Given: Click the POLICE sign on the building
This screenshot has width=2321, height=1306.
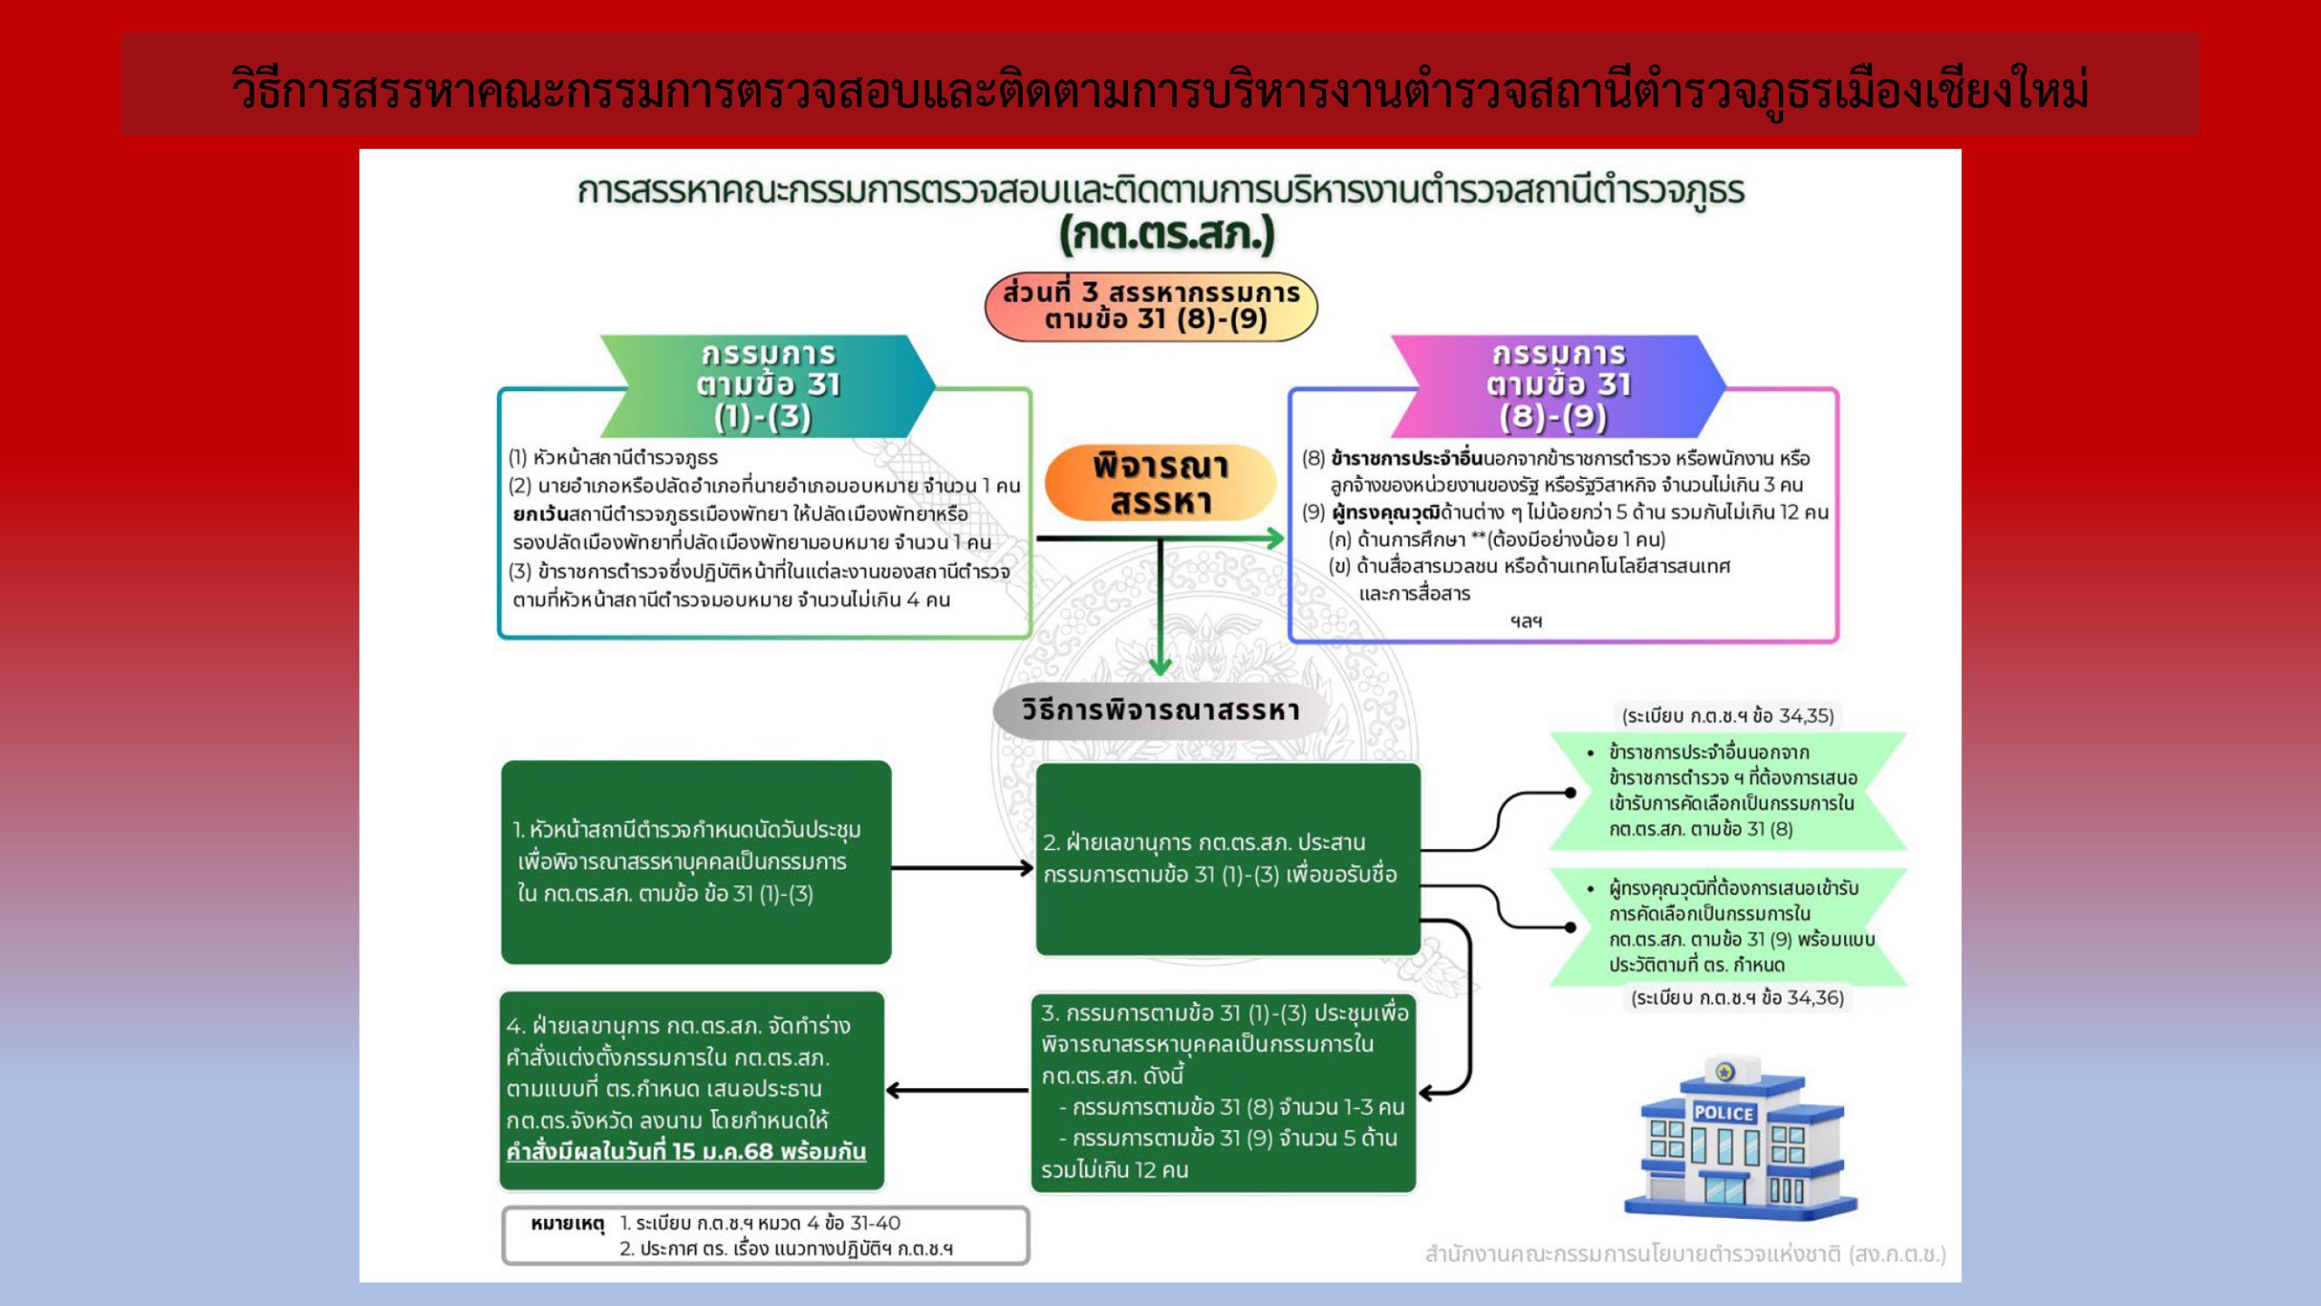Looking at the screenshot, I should [x=1724, y=1113].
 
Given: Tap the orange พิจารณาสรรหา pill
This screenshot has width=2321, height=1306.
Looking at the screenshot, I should [x=1160, y=483].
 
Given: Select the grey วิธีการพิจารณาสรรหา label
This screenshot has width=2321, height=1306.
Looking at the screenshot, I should [x=1160, y=710].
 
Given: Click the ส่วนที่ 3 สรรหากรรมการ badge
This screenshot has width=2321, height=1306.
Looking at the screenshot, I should [x=1151, y=307].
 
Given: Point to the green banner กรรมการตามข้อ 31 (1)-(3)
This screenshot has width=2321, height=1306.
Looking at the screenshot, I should [x=767, y=385].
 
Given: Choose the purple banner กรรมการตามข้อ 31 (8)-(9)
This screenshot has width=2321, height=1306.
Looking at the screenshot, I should [x=1558, y=385].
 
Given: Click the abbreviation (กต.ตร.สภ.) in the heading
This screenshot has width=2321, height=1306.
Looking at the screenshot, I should [x=1167, y=235].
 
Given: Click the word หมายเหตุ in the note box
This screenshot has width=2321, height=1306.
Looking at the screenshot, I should [x=568, y=1223].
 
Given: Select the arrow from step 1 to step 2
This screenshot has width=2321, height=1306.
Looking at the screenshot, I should [x=962, y=868].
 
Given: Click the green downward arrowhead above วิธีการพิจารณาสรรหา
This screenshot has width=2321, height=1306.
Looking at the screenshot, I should [x=1160, y=666].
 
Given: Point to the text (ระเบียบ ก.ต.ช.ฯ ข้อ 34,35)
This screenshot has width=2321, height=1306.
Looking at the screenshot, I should [x=1727, y=716].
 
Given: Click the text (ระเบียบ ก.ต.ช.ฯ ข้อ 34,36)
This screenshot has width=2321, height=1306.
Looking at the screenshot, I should [x=1737, y=998].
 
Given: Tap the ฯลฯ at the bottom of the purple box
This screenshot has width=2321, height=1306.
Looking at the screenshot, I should [x=1526, y=621].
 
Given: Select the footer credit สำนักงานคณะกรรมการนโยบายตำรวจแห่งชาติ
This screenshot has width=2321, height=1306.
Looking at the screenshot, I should [x=1685, y=1254].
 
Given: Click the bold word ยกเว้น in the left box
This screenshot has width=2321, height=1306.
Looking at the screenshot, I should [x=540, y=514].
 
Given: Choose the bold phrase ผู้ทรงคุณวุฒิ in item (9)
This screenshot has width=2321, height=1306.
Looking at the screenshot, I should [x=1384, y=512].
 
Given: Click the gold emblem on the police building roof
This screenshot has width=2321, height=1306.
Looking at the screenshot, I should [x=1724, y=1073].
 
